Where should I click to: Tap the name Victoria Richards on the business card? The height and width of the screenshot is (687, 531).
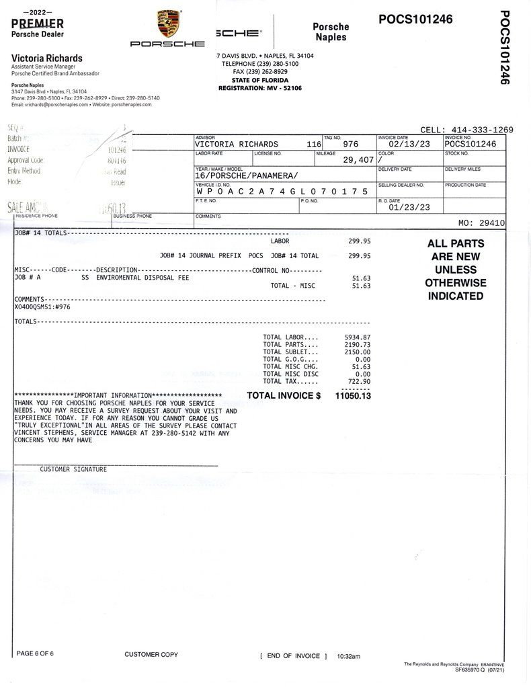click(x=47, y=58)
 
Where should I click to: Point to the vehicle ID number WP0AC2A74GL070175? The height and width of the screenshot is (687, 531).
click(x=282, y=192)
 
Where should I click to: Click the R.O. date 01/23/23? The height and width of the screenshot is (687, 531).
click(x=409, y=208)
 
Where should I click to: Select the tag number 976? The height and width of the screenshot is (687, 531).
click(x=350, y=144)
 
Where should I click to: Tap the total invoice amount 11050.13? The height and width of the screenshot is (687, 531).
click(x=352, y=396)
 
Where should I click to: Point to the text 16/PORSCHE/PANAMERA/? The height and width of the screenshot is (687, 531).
click(x=246, y=175)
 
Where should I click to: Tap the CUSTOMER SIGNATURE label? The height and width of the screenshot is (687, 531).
click(x=73, y=469)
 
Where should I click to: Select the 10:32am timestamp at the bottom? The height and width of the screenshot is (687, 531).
click(x=349, y=655)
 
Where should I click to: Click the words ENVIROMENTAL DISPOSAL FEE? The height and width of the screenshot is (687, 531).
click(x=142, y=277)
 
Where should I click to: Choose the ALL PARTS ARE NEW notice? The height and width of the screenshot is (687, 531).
click(x=455, y=270)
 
